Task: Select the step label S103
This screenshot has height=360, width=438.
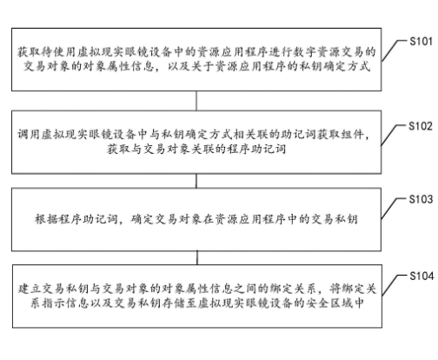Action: pos(420,199)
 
